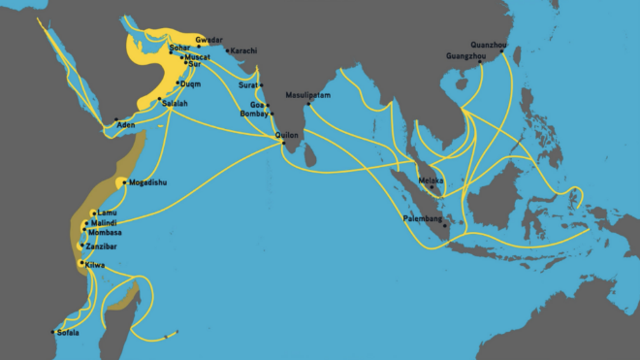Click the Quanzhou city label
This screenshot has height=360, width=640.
point(488,44)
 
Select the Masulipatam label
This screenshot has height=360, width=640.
point(307,95)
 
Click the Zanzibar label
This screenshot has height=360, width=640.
point(102,246)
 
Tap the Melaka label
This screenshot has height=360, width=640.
point(431,180)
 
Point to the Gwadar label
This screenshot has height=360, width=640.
point(209,40)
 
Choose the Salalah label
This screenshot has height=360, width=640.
point(175,102)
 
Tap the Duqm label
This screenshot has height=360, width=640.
point(190,83)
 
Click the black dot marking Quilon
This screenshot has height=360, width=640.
point(282,143)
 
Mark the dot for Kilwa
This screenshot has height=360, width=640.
point(81,262)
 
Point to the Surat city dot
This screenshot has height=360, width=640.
point(261,85)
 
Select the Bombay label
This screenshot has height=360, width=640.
point(255,115)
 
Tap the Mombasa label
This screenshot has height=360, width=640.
point(104,233)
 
